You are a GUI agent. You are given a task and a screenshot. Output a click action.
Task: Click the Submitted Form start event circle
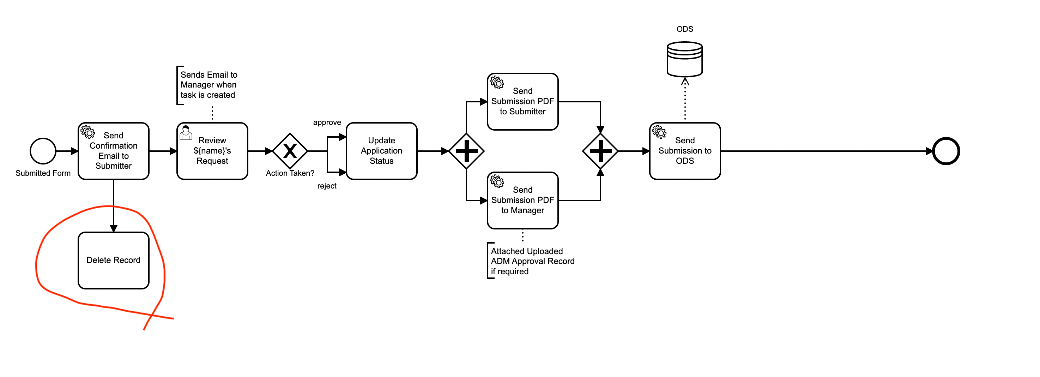click(43, 151)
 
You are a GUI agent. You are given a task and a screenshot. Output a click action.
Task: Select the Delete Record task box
click(114, 261)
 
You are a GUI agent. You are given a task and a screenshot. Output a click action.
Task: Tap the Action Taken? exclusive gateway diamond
click(290, 151)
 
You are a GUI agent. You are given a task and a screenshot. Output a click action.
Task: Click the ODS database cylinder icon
click(684, 59)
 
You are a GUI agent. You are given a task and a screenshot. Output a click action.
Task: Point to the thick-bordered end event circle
click(945, 151)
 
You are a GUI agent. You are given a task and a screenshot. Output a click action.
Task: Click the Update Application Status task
click(381, 151)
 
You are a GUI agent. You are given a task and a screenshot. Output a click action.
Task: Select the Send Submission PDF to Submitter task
click(522, 102)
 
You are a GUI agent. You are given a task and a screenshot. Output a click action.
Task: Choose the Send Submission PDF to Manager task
click(522, 201)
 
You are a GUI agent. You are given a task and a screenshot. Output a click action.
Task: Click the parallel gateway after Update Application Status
click(466, 151)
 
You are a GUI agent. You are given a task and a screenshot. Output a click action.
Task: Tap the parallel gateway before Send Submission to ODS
click(600, 151)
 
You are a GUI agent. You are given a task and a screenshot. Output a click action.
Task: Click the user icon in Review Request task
click(186, 132)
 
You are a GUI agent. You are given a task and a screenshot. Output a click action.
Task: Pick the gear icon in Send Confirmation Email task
click(87, 132)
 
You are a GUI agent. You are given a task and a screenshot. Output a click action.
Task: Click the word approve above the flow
click(327, 122)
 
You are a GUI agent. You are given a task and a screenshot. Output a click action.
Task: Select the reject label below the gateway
click(327, 186)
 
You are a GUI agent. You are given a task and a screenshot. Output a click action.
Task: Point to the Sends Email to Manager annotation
click(208, 85)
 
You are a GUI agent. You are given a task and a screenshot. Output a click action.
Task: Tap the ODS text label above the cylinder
click(685, 29)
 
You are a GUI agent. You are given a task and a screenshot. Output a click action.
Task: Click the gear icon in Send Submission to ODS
click(659, 132)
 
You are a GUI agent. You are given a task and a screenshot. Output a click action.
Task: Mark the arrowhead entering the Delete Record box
click(114, 228)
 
